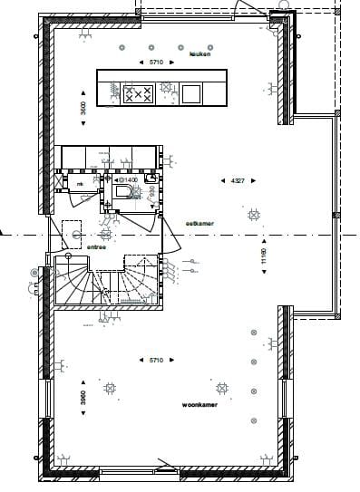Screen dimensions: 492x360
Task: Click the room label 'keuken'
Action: click(x=199, y=55)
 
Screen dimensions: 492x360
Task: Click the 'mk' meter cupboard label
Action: click(x=80, y=185)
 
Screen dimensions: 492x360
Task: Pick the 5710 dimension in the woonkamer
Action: click(x=161, y=362)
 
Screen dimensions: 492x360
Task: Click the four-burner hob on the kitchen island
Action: click(x=139, y=93)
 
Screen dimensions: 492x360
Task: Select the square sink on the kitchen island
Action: click(x=190, y=93)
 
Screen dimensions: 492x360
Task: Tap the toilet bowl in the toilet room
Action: click(x=122, y=193)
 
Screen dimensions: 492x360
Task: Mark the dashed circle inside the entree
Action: click(x=74, y=235)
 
